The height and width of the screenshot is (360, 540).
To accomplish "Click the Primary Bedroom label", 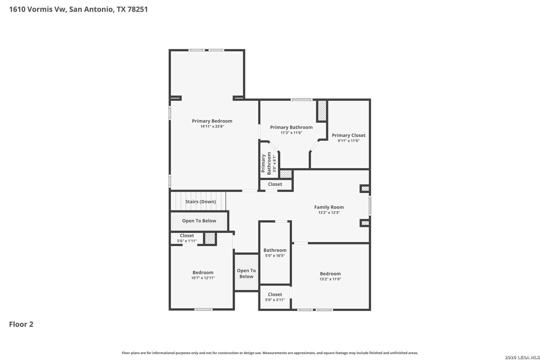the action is (212, 121).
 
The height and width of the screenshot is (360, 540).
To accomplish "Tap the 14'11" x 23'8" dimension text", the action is (212, 126).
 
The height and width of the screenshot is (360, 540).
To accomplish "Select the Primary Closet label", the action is (349, 135).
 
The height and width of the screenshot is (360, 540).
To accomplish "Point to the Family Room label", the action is (329, 207).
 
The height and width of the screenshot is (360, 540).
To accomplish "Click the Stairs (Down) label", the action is (201, 202).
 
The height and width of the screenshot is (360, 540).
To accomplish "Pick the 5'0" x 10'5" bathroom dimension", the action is (275, 256).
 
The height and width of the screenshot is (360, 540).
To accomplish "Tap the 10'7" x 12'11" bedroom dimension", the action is (203, 278).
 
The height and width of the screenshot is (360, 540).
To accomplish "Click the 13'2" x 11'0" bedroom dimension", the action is (330, 279).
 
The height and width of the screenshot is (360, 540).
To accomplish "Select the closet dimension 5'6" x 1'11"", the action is (187, 241).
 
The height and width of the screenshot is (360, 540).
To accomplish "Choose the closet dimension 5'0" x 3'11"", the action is (275, 300).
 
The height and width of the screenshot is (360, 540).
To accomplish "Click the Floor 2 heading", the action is (21, 324).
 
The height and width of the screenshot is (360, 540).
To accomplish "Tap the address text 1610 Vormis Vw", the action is (38, 9).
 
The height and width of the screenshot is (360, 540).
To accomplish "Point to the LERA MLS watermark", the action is (522, 357).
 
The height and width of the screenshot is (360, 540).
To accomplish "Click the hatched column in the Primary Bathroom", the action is (322, 111).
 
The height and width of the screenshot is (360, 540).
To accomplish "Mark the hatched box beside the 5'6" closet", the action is (210, 238).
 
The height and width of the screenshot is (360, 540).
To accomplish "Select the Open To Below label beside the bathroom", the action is (246, 273).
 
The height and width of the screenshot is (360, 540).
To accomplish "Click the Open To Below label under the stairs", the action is (199, 221).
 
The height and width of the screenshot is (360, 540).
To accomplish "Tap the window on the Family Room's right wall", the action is (370, 206).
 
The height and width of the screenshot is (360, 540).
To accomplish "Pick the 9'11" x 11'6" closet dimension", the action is (349, 141).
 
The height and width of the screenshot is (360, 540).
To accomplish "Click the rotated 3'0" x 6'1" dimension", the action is (274, 163).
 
